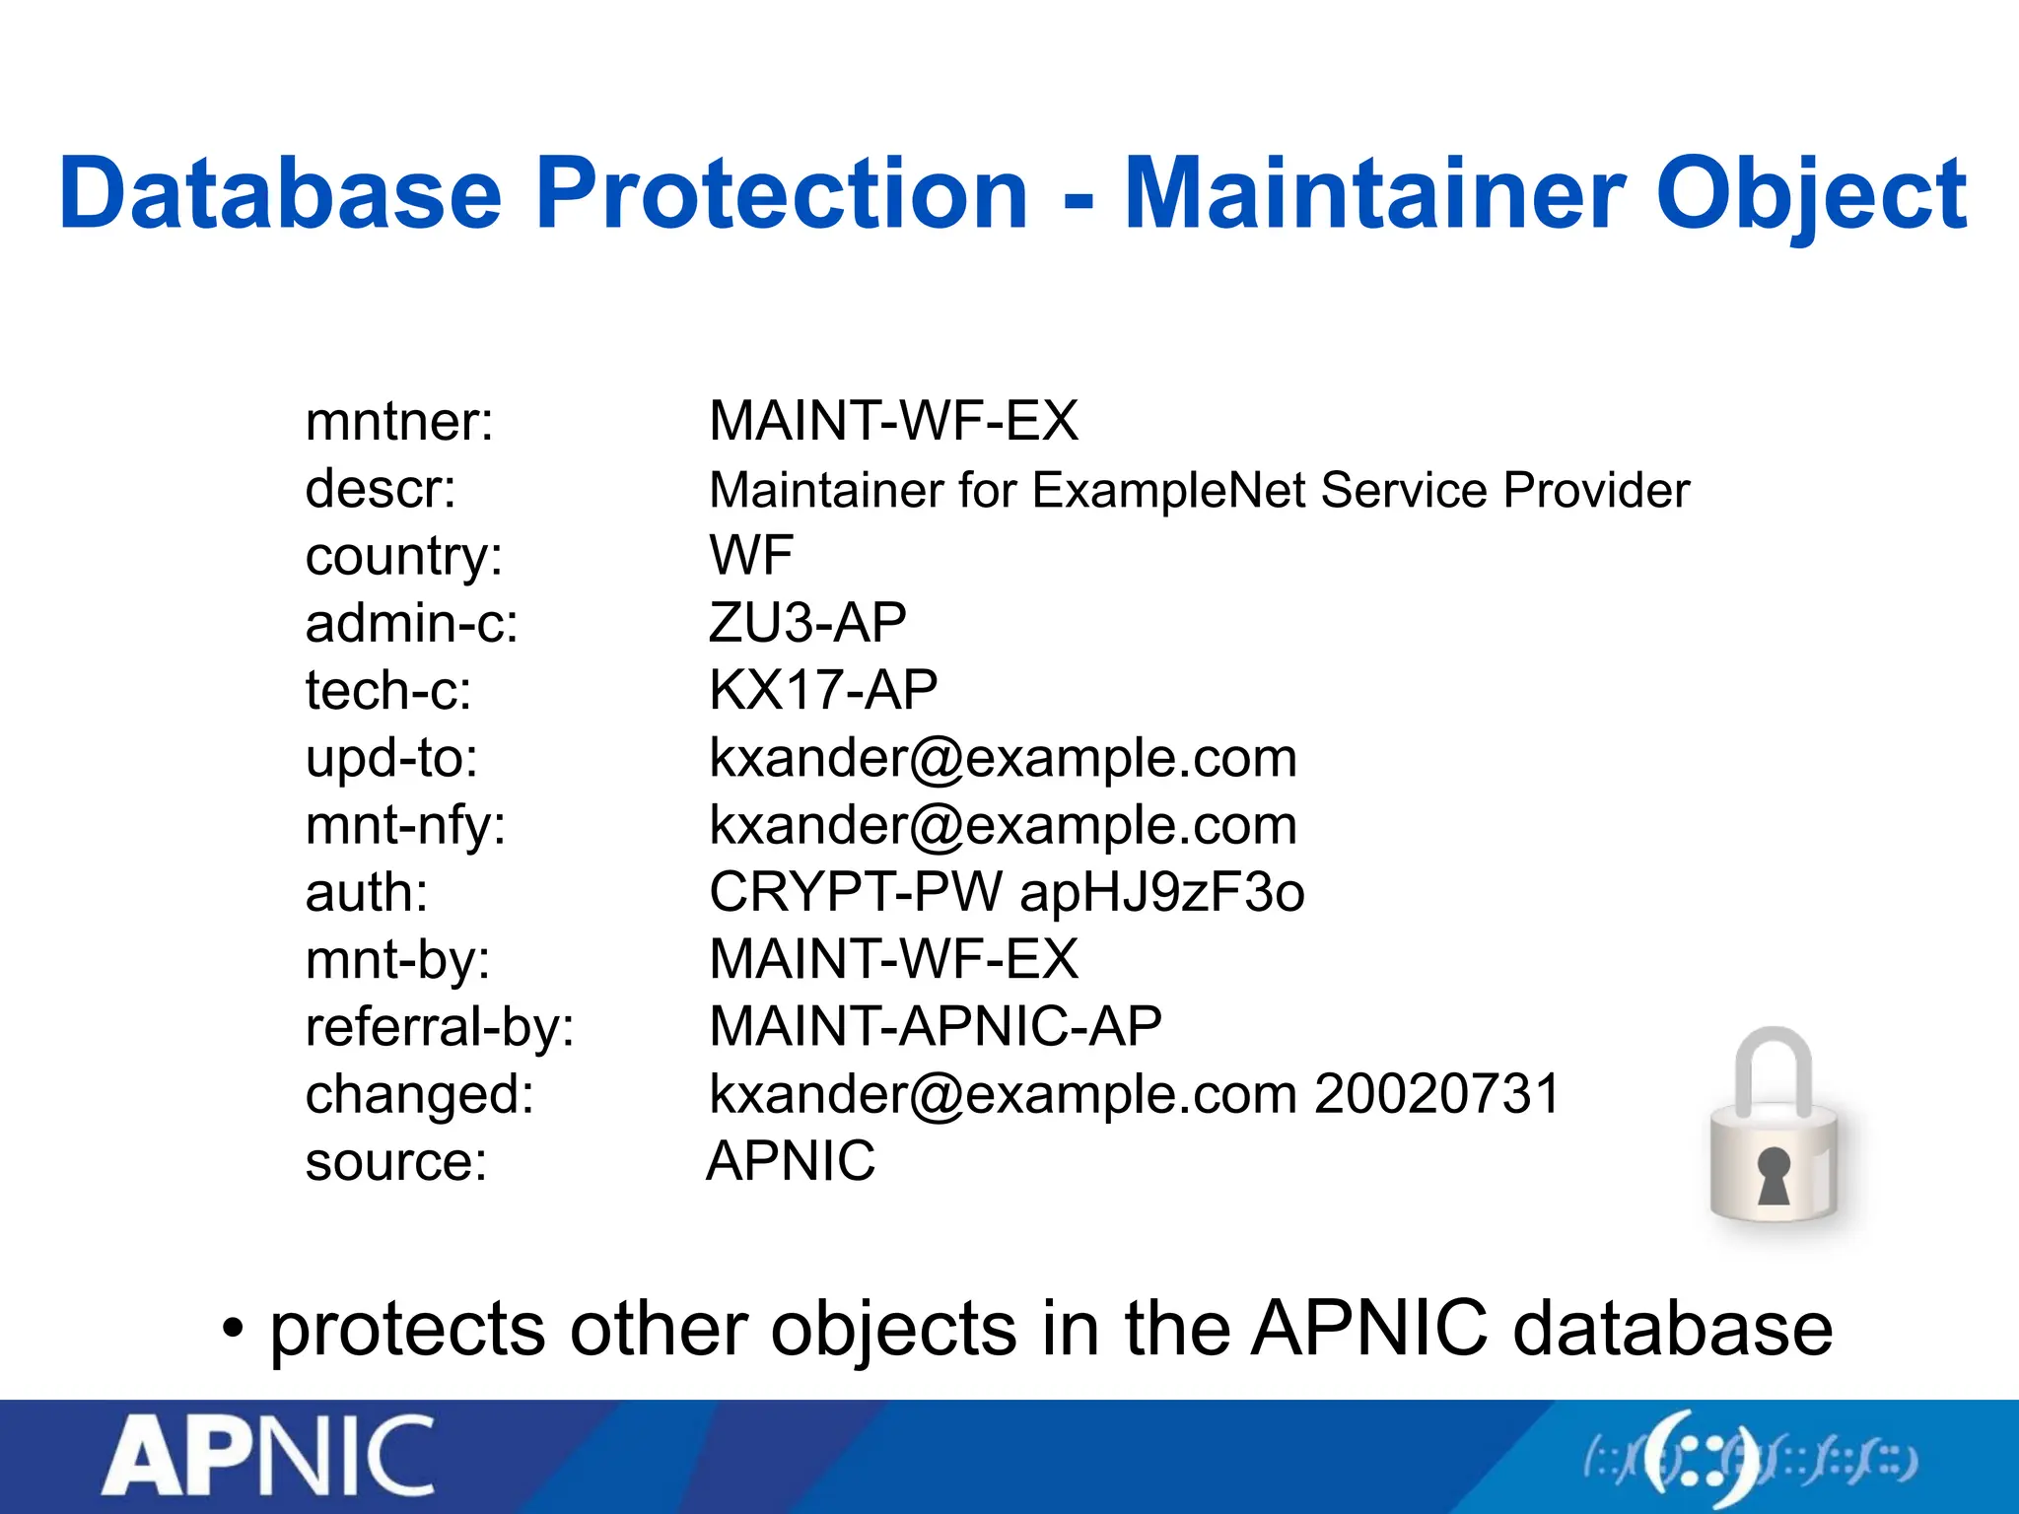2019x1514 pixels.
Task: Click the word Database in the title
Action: pyautogui.click(x=280, y=194)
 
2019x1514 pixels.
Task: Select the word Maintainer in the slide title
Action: pyautogui.click(x=1375, y=194)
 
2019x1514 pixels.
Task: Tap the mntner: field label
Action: pyautogui.click(x=399, y=422)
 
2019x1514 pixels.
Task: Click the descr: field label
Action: pyautogui.click(x=381, y=489)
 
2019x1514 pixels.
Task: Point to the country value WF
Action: pyautogui.click(x=751, y=555)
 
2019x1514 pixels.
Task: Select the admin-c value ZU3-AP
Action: pyautogui.click(x=807, y=623)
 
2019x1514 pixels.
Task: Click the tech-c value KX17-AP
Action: pyautogui.click(x=823, y=690)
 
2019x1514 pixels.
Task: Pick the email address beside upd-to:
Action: pyautogui.click(x=1003, y=758)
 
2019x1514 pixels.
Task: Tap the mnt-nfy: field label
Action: pyautogui.click(x=405, y=825)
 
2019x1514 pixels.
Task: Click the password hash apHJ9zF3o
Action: pyautogui.click(x=1162, y=893)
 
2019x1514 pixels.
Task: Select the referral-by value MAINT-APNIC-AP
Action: pyautogui.click(x=936, y=1026)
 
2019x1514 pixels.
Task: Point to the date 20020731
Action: pyautogui.click(x=1437, y=1094)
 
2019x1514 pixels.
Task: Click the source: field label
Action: pyautogui.click(x=396, y=1161)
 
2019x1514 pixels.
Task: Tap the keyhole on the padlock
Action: pyautogui.click(x=1774, y=1175)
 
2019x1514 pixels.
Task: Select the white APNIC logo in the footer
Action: pyautogui.click(x=268, y=1457)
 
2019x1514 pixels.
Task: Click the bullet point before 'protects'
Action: pyautogui.click(x=232, y=1330)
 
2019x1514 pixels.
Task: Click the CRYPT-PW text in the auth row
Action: pyautogui.click(x=856, y=893)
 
